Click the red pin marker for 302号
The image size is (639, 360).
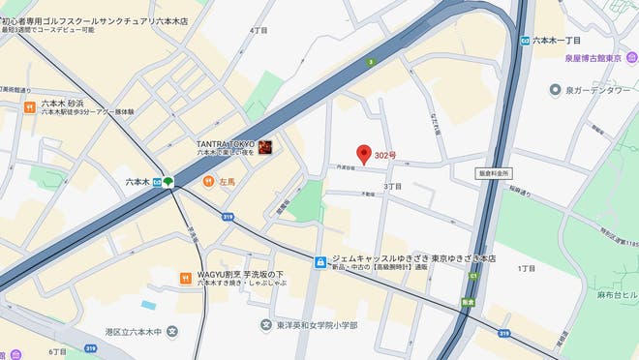tap(364, 154)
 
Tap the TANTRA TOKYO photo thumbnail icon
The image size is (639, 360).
tap(264, 148)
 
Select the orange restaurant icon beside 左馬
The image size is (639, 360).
tap(208, 181)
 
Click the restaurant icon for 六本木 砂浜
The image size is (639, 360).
tap(31, 106)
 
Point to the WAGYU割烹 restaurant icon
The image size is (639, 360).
tap(185, 279)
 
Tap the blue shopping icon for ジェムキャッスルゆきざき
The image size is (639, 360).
tap(320, 262)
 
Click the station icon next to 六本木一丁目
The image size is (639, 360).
tap(524, 41)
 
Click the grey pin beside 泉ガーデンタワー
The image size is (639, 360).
tap(555, 90)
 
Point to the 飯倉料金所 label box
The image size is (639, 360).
tap(494, 173)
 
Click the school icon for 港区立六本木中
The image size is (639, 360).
tap(172, 333)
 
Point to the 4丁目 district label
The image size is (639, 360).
tap(259, 30)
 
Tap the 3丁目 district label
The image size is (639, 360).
tap(392, 186)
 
